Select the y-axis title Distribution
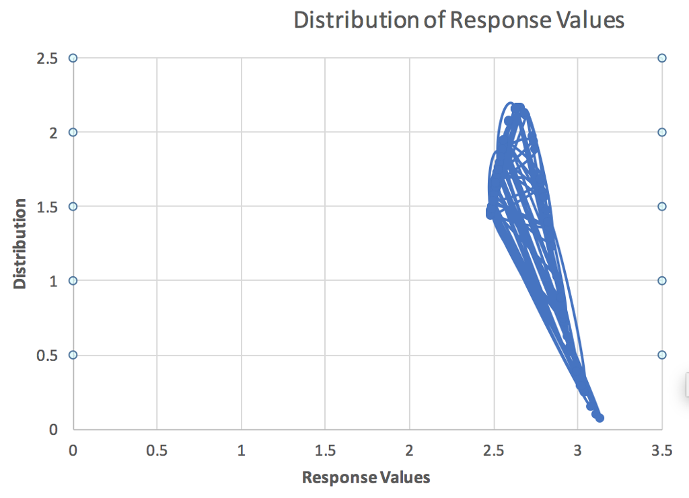(x=20, y=243)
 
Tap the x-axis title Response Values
(x=365, y=477)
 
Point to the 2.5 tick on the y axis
(x=47, y=58)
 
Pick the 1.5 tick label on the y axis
(x=47, y=206)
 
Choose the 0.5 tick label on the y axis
(x=47, y=355)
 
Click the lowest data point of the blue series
(x=600, y=418)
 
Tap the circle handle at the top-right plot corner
(x=662, y=58)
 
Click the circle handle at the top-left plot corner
(x=73, y=58)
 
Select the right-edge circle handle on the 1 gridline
(x=662, y=280)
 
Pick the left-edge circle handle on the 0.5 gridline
(x=73, y=355)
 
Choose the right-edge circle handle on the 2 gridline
(x=662, y=132)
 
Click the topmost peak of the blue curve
(x=511, y=103)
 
